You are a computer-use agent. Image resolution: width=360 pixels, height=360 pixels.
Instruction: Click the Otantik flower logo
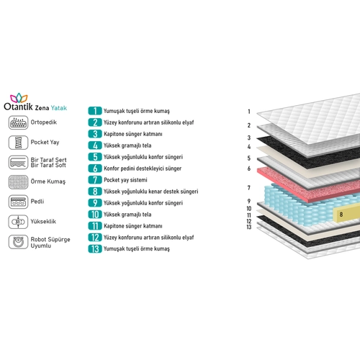(x=19, y=98)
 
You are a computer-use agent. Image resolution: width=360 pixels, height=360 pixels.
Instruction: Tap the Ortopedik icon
(x=18, y=122)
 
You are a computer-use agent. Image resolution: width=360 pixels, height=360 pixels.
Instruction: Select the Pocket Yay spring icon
(x=18, y=143)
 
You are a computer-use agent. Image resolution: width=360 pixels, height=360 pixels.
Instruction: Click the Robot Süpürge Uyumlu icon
(x=18, y=242)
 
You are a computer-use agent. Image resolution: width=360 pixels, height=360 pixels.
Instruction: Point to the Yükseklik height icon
(x=18, y=222)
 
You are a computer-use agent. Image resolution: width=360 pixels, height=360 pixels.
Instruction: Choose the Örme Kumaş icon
(x=18, y=182)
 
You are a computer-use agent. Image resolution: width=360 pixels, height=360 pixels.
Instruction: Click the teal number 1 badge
(x=95, y=111)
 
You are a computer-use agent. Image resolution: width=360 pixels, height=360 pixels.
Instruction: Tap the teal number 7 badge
(x=95, y=180)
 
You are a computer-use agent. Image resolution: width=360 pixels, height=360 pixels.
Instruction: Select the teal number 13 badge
(x=95, y=249)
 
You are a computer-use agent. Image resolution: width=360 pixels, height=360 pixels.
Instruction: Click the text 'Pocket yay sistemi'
(x=125, y=180)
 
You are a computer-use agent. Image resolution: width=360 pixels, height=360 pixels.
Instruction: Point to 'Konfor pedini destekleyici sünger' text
(x=143, y=168)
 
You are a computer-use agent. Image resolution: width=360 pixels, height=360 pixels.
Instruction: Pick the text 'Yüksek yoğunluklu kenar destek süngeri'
(x=151, y=192)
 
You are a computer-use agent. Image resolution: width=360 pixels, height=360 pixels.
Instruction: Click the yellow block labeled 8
(x=346, y=215)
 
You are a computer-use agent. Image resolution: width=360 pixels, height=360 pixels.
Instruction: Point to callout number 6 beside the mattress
(x=249, y=168)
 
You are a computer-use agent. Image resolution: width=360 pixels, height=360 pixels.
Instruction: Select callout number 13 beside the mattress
(x=249, y=227)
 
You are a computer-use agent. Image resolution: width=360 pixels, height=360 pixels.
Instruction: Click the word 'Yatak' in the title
(x=59, y=108)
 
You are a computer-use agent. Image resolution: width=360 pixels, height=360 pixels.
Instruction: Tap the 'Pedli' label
(x=37, y=201)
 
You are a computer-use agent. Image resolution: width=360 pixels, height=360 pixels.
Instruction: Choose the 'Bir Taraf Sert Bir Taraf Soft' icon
(x=18, y=162)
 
